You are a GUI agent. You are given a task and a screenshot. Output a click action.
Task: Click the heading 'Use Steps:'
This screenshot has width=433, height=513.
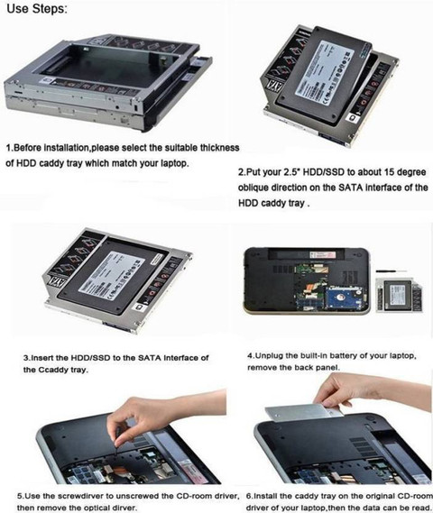[37, 9]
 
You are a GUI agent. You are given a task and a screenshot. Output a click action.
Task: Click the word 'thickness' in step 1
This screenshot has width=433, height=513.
[219, 148]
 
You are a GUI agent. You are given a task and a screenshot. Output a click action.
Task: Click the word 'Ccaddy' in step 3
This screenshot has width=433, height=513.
[51, 370]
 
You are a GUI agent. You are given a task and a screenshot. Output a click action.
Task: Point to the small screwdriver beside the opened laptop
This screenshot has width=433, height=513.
[392, 271]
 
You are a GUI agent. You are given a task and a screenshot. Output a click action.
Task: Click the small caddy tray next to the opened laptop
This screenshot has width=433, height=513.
[399, 295]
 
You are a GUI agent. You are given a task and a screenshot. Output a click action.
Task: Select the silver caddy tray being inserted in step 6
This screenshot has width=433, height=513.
[304, 413]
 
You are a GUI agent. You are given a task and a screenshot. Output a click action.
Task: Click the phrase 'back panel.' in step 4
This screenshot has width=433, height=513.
[317, 368]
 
